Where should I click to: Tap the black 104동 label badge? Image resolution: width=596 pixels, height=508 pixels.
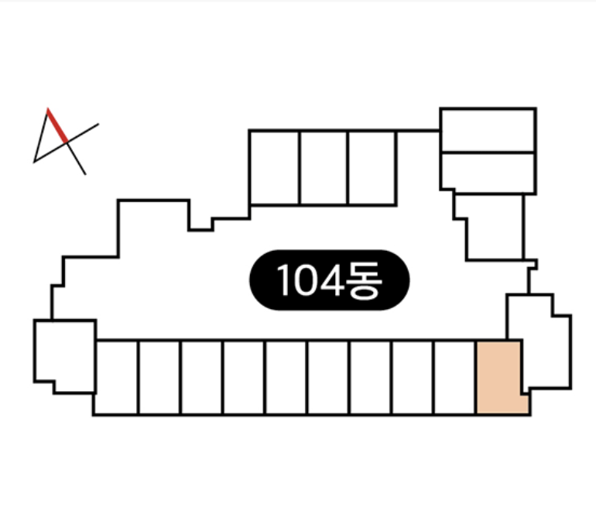tap(329, 280)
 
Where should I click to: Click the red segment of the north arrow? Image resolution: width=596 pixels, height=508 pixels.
tap(57, 125)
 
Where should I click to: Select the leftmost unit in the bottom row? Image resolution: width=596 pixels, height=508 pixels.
tap(116, 377)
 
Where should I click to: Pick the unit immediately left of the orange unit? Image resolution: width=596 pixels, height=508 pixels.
tap(454, 377)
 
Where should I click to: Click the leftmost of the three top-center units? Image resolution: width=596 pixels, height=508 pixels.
tap(275, 168)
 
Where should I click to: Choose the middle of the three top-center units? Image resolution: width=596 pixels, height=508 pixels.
tap(324, 168)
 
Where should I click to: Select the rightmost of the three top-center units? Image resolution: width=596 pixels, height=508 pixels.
tap(372, 168)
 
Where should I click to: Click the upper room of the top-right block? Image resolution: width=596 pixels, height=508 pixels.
tap(488, 130)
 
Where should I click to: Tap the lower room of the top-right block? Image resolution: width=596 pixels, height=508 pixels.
tap(488, 172)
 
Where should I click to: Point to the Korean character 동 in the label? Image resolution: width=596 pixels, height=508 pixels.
tap(364, 280)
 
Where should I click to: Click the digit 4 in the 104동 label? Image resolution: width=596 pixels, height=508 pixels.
tap(332, 280)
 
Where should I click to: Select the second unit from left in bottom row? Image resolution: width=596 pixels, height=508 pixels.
tap(159, 377)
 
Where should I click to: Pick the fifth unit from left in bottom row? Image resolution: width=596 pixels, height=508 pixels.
tap(286, 377)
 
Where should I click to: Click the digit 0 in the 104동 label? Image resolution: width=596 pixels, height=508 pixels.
tap(306, 280)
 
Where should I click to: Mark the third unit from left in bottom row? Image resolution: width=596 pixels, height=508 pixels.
tap(201, 377)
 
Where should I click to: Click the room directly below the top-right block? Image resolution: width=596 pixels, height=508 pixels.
tap(494, 227)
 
